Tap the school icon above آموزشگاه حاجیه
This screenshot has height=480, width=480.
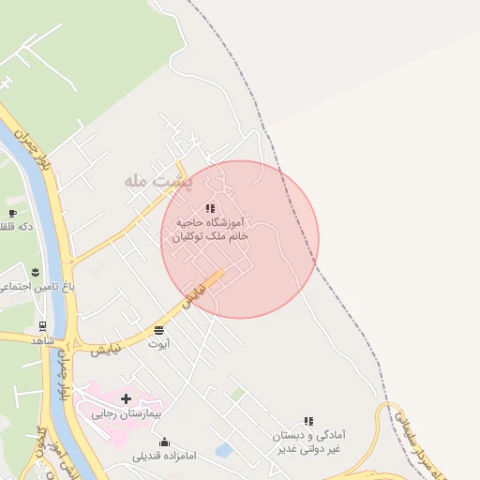click(210, 208)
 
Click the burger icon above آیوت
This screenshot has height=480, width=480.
click(157, 330)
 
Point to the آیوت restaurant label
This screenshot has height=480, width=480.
click(158, 344)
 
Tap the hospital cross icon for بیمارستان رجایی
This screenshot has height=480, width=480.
click(126, 399)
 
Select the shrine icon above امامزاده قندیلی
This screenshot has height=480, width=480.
click(165, 442)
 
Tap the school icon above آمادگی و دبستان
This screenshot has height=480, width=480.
click(308, 422)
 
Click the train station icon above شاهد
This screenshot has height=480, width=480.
click(42, 326)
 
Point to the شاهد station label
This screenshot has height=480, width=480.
click(43, 339)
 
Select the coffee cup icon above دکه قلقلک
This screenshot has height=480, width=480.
click(12, 201)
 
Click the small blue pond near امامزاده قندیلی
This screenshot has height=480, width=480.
click(223, 451)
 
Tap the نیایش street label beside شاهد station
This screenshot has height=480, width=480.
click(105, 350)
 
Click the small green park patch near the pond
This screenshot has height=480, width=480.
click(238, 395)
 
